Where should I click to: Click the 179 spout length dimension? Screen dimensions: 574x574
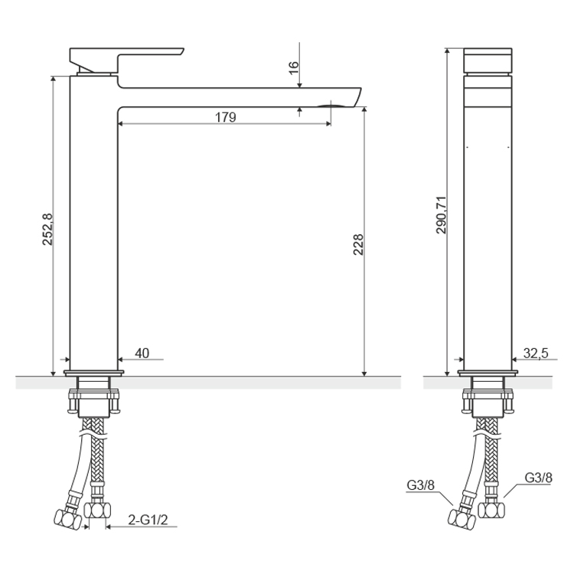226,118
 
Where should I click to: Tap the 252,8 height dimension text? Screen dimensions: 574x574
47,230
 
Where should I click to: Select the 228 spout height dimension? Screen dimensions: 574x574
358,244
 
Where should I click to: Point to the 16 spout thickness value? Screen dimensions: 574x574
294,68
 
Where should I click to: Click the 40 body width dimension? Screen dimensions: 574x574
142,353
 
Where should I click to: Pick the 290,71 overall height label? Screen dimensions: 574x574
442,215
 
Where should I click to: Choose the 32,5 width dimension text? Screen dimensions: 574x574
536,354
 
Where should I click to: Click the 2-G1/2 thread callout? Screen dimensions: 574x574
148,520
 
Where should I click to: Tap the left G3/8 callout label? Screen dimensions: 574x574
421,485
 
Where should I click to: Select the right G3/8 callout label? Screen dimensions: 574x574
539,478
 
